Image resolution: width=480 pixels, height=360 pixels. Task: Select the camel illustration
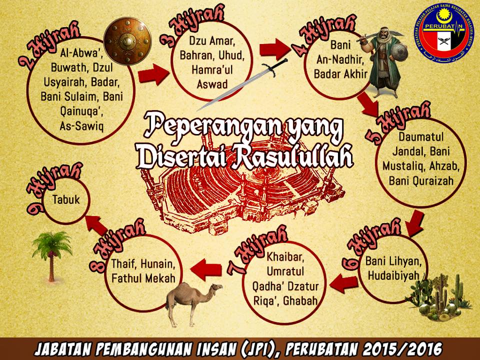[x=192, y=297]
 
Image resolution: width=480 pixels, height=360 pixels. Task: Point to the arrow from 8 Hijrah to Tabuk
[x=96, y=223]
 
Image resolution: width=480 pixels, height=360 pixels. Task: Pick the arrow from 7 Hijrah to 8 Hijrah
[x=205, y=269]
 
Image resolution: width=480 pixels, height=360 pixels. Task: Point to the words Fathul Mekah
[x=143, y=278]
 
